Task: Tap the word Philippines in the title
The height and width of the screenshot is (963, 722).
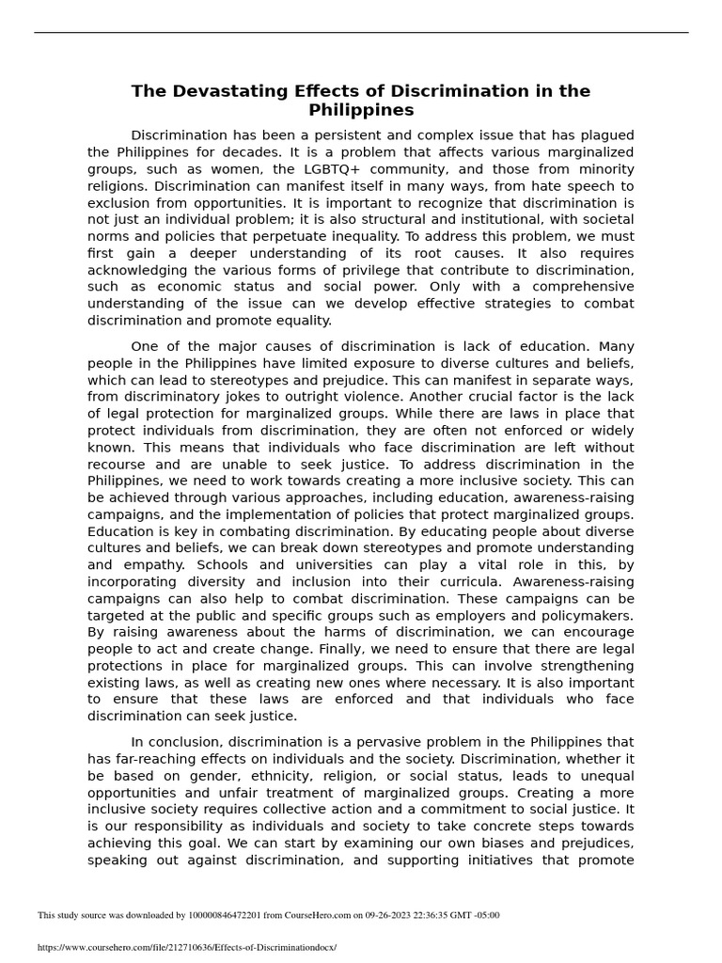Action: click(361, 110)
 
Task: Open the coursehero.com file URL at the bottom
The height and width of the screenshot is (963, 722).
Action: click(186, 947)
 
